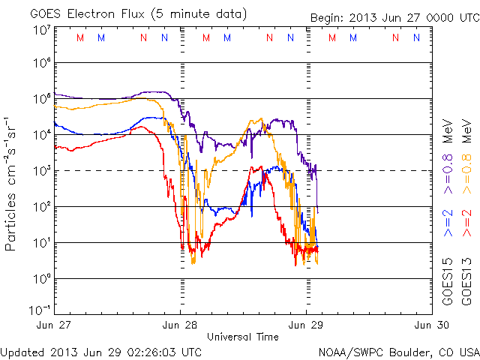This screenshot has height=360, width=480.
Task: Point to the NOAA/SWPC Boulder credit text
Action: pos(398,351)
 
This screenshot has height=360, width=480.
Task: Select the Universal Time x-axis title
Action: pos(242,337)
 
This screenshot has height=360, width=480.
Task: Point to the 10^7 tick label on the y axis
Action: pos(42,30)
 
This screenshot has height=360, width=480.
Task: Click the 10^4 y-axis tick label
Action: pos(42,134)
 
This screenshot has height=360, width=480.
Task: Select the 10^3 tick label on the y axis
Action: pos(42,170)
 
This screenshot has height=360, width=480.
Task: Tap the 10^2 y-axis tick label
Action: pos(42,206)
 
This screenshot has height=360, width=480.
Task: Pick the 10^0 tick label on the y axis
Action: pos(42,278)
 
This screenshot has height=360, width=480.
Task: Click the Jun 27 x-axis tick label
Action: pos(55,325)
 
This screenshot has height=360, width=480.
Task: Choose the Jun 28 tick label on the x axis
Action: pos(181,325)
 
